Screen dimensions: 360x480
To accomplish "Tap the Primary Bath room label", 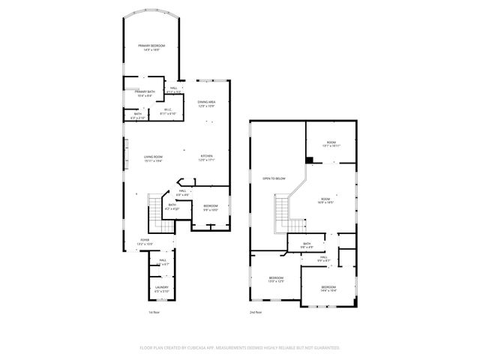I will pos(144,94).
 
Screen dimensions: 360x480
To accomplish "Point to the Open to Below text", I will pos(274,178).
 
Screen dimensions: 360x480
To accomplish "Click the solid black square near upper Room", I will pos(309,159).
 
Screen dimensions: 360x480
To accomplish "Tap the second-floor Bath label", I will pos(307,245).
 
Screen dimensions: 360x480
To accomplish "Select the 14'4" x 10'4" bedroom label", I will pos(328,289).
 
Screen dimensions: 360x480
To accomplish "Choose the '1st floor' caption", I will pos(154,312).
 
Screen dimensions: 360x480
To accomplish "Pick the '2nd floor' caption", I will pos(256,312).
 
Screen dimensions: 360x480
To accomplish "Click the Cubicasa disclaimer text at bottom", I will pos(240,348).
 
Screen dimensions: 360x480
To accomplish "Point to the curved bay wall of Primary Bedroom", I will pos(152,13).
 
